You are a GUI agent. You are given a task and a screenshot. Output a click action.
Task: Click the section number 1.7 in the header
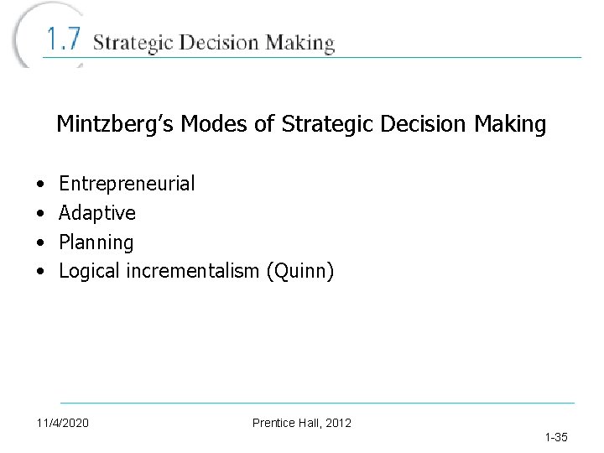[x=63, y=39]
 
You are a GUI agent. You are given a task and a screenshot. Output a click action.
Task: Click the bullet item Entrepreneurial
[x=127, y=184]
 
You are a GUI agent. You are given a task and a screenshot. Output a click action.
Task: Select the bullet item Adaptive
[x=97, y=213]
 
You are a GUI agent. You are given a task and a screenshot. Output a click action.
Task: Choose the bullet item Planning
[x=96, y=243]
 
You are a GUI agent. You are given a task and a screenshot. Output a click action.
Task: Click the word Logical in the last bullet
[x=90, y=272]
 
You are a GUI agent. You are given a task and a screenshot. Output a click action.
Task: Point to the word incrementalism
[x=192, y=272]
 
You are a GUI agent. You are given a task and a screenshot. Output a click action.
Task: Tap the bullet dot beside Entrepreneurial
[x=40, y=184]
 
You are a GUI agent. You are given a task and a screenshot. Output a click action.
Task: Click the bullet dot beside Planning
[x=40, y=243]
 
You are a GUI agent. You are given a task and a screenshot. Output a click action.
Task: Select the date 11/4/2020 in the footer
[x=63, y=423]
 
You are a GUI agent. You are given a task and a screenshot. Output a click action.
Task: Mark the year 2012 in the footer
[x=338, y=423]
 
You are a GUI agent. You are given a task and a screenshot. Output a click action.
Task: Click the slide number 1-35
[x=556, y=437]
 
